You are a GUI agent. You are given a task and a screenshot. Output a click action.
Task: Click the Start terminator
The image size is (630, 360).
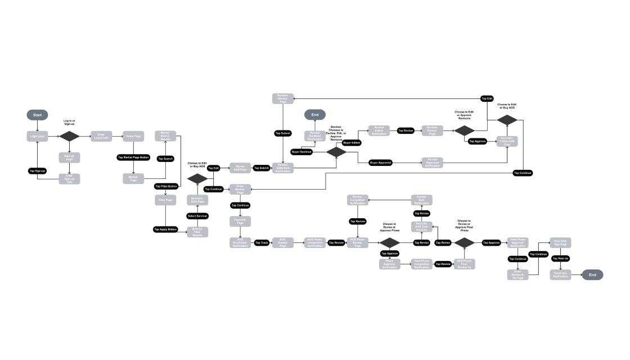click(x=38, y=115)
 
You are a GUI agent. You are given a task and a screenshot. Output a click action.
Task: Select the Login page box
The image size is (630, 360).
click(x=38, y=136)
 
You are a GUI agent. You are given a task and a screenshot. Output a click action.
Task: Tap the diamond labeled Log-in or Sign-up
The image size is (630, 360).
click(x=70, y=136)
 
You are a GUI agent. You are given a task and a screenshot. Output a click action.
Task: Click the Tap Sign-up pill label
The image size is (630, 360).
click(x=38, y=170)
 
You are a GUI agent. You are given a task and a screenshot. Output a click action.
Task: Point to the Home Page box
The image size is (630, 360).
click(x=133, y=136)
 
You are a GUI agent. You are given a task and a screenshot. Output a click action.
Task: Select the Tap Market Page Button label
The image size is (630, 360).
click(x=133, y=157)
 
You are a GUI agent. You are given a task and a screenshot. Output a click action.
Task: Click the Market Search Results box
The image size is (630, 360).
click(x=165, y=136)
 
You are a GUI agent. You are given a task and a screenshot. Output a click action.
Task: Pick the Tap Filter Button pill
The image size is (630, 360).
click(x=165, y=186)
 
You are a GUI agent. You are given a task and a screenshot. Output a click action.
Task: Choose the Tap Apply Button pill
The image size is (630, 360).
click(x=165, y=229)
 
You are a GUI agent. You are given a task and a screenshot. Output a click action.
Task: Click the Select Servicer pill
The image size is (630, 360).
click(x=197, y=216)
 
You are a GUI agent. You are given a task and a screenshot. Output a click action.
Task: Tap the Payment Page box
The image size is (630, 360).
click(x=240, y=221)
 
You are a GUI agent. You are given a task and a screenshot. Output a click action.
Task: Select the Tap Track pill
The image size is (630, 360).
click(x=262, y=242)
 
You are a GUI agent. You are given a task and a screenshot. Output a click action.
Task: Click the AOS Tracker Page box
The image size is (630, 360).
click(x=283, y=242)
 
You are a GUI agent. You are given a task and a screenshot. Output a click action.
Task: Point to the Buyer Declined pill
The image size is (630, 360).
click(x=302, y=152)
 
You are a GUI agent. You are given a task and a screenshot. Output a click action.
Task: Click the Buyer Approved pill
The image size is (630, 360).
click(x=380, y=163)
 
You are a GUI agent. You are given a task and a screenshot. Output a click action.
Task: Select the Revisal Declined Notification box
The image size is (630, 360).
click(x=315, y=136)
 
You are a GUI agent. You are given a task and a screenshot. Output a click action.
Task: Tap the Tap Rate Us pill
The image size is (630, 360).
click(x=560, y=258)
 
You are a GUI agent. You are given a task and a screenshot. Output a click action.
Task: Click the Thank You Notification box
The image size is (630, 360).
click(x=560, y=274)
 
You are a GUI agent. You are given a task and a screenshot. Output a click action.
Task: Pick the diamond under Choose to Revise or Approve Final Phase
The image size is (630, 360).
click(x=465, y=242)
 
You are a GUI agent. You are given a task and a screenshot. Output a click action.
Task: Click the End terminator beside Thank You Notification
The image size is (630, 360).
click(x=592, y=274)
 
